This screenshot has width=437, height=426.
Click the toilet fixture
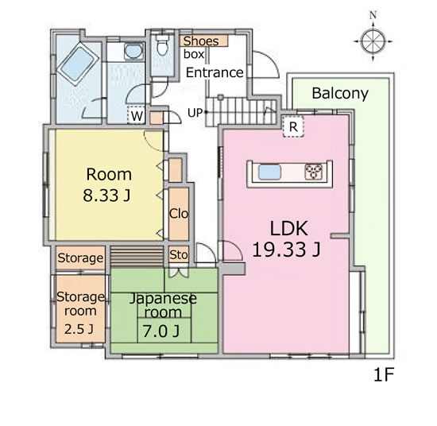(162, 45)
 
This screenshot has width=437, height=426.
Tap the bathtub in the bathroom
(78, 64)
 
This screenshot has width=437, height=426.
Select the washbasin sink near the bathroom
(133, 52)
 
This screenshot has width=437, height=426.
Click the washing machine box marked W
(137, 115)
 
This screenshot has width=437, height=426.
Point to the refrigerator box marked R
(293, 127)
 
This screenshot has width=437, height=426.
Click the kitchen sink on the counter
(269, 172)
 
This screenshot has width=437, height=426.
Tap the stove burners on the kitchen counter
(314, 172)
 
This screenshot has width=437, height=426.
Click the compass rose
(373, 41)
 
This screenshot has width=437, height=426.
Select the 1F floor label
(383, 374)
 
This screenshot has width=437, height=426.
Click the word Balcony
(340, 94)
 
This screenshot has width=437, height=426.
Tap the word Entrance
(215, 73)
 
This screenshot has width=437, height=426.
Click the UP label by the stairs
(195, 113)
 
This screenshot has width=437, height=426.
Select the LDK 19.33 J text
(287, 239)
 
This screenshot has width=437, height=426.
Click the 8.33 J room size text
(106, 196)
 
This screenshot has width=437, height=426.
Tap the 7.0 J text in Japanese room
(161, 331)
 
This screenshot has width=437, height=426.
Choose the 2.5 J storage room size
(79, 329)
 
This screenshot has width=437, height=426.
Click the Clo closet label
(179, 214)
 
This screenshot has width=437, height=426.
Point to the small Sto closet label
(179, 255)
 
